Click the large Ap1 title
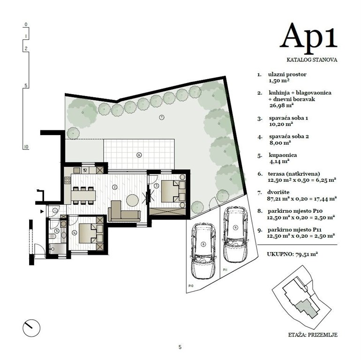click(308, 36)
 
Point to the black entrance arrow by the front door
click(43, 212)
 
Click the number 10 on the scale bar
click(26, 147)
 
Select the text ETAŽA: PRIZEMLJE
click(313, 335)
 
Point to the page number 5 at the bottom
click(180, 347)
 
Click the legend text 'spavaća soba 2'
click(288, 136)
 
